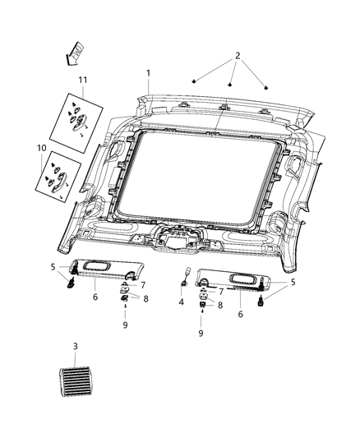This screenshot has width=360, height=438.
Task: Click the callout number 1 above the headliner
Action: [x=148, y=73]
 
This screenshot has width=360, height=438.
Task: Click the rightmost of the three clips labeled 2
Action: [x=266, y=86]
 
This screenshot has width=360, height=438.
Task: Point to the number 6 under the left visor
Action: [x=95, y=297]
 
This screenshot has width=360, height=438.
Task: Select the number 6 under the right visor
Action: [x=239, y=314]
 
